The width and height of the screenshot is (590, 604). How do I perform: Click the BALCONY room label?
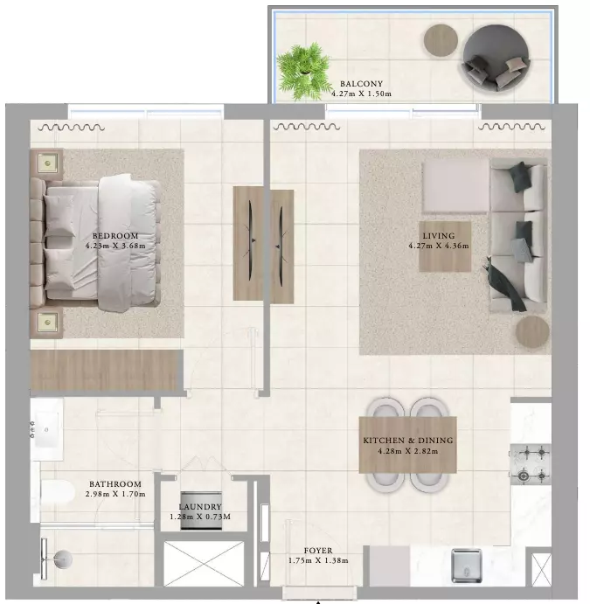[361, 84]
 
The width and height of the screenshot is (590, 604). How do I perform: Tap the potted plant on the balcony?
[304, 71]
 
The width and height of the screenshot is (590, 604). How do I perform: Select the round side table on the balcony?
[441, 40]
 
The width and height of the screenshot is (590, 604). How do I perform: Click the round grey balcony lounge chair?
[496, 58]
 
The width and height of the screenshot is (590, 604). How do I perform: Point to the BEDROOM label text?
[115, 236]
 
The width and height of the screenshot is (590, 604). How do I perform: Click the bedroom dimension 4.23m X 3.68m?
[115, 246]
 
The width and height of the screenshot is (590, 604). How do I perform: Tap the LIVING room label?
[439, 236]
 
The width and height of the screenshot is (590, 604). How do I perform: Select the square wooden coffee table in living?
[445, 246]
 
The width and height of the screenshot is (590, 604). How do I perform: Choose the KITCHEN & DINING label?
[408, 441]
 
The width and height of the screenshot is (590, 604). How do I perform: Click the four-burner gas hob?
[531, 464]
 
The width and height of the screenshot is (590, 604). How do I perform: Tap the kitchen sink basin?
[467, 565]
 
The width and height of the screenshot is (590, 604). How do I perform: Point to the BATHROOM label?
[115, 484]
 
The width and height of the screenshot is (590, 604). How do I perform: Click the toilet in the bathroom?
[58, 493]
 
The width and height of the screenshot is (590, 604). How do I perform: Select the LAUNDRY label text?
[200, 507]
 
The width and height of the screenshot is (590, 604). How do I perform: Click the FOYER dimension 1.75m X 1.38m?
[318, 561]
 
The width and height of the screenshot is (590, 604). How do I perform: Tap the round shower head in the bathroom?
[63, 559]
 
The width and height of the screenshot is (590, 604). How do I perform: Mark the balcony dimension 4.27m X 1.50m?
[361, 94]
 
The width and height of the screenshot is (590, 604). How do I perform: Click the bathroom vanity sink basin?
[46, 429]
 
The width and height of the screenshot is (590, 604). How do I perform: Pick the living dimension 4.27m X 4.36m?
[439, 246]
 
